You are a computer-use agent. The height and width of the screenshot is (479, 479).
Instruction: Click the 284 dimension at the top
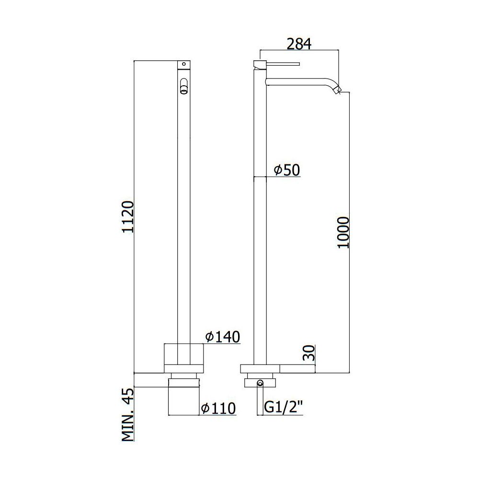pyautogui.click(x=299, y=44)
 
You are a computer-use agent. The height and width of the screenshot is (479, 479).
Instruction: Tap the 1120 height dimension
pyautogui.click(x=128, y=217)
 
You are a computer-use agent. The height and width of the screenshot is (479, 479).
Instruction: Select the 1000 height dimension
pyautogui.click(x=343, y=232)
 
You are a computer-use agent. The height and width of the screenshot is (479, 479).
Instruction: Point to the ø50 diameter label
pyautogui.click(x=287, y=170)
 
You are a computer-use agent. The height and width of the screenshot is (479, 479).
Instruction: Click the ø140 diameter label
pyautogui.click(x=223, y=337)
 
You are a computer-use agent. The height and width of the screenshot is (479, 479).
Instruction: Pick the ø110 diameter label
pyautogui.click(x=218, y=408)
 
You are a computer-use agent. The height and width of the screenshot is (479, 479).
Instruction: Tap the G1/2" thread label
pyautogui.click(x=283, y=408)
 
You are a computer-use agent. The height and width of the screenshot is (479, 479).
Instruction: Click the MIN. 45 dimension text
pyautogui.click(x=128, y=414)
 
